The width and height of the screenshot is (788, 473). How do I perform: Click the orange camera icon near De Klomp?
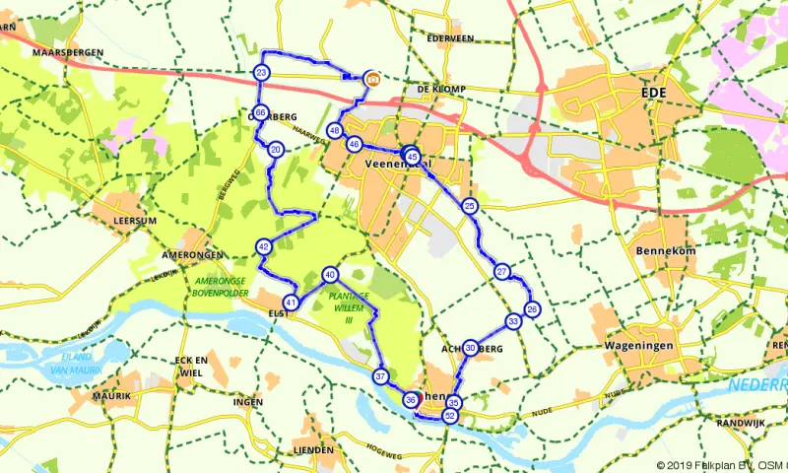click(x=372, y=78)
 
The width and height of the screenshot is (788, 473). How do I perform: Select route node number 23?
click(x=261, y=73)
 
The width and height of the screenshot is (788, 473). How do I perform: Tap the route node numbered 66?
click(x=260, y=112)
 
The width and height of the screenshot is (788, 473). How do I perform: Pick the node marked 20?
click(x=276, y=150)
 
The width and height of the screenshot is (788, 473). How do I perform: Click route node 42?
click(x=263, y=246)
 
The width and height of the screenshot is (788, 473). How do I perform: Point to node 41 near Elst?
click(x=290, y=302)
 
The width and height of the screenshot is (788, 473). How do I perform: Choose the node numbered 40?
click(x=330, y=275)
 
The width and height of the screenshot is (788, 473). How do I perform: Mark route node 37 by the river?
click(x=380, y=376)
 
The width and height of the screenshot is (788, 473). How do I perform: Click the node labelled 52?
click(x=450, y=417)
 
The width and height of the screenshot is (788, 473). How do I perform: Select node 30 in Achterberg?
click(x=471, y=348)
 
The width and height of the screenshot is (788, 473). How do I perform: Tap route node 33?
click(x=513, y=321)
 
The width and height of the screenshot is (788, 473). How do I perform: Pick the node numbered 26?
click(x=532, y=309)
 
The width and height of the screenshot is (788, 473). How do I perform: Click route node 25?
click(x=470, y=205)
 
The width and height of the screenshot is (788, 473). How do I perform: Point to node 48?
click(x=336, y=131)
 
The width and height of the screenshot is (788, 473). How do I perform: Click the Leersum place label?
click(x=135, y=221)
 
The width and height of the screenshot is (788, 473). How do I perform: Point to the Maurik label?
click(x=111, y=396)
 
